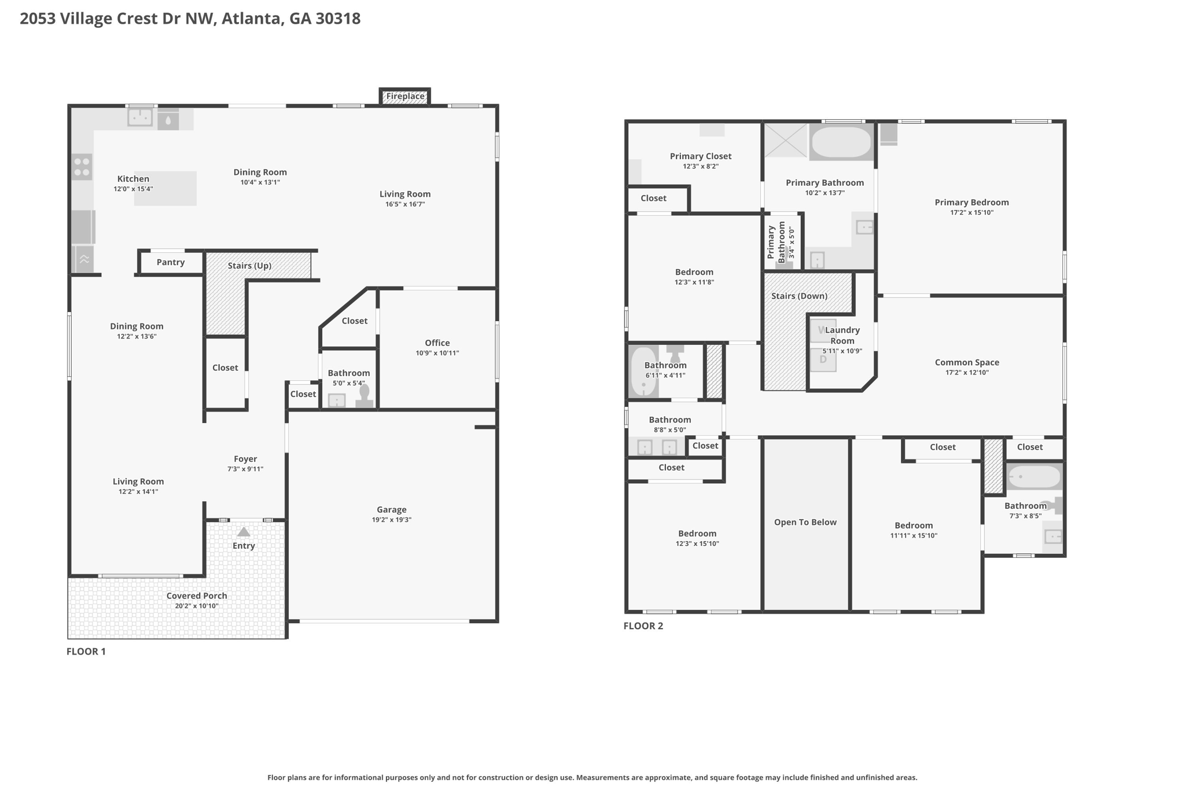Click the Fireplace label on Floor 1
tap(405, 96)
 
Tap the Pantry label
tap(171, 262)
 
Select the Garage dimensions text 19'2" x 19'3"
tap(392, 520)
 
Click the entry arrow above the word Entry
tap(244, 531)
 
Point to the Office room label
tap(437, 343)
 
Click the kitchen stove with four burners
tap(82, 167)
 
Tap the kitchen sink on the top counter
tap(139, 117)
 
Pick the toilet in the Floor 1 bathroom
tap(364, 396)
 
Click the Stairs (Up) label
tap(249, 266)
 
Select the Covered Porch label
tap(197, 596)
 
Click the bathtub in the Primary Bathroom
tap(841, 142)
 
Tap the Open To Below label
tap(805, 522)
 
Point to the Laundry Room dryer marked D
tap(823, 359)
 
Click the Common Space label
tap(967, 362)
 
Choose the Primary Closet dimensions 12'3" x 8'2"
tap(701, 167)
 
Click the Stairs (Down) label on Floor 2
tap(799, 296)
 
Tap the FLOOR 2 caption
tap(643, 626)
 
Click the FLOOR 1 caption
tap(86, 651)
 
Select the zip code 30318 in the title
tap(337, 19)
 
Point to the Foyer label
tap(245, 459)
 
